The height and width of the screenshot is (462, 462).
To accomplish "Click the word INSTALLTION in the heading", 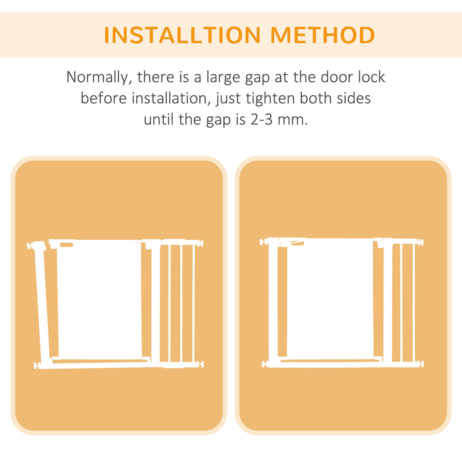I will tap(182, 35).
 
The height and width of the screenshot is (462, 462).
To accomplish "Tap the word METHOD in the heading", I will tap(322, 35).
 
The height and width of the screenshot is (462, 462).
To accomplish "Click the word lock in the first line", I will tap(371, 77).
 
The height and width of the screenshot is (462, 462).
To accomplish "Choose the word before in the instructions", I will tap(104, 99).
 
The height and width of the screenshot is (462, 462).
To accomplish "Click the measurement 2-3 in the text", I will tap(261, 120).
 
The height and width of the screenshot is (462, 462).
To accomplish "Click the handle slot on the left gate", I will tap(67, 245).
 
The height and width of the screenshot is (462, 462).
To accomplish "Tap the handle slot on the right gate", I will tap(298, 242).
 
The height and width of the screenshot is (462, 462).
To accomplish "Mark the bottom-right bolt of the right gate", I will tap(421, 364).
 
